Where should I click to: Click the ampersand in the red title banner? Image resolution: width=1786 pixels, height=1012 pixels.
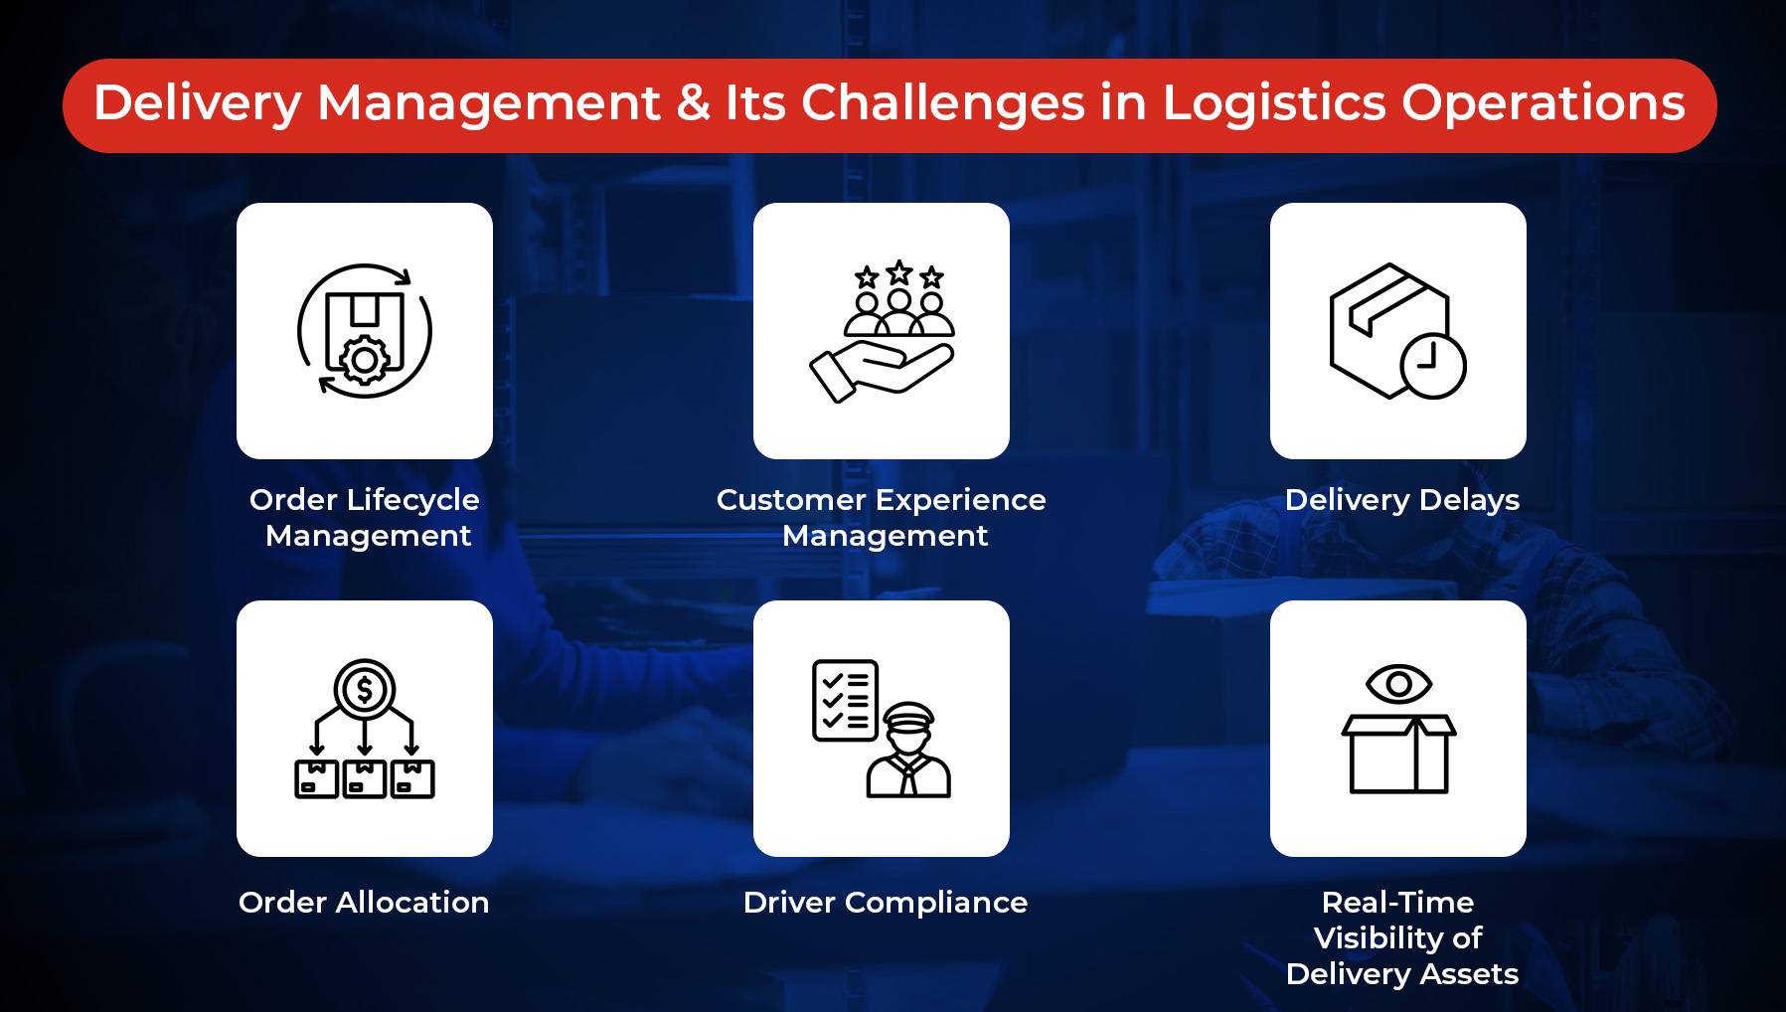pos(693,103)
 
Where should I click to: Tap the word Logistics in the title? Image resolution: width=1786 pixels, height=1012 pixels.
pos(1273,103)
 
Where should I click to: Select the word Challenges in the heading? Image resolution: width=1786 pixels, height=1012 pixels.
pos(942,103)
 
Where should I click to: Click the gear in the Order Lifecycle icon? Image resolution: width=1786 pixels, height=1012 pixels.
pos(365,360)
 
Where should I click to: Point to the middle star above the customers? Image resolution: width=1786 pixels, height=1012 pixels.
pos(899,272)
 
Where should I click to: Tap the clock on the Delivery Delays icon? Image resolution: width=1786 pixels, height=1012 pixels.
pos(1432,365)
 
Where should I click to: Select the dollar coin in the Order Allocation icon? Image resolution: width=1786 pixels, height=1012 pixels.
pos(365,689)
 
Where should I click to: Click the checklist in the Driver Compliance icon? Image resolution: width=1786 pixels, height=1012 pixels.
pos(845,700)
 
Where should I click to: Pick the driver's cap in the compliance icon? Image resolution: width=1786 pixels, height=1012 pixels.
pos(909,716)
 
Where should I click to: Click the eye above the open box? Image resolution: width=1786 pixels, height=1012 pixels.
pos(1398,684)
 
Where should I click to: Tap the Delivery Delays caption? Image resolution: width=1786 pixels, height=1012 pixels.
pos(1401,499)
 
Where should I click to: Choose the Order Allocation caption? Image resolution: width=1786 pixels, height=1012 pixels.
pos(364,902)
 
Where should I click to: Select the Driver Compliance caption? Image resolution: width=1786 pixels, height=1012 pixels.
pos(885,902)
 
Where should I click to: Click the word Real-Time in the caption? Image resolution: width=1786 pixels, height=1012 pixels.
pos(1397,902)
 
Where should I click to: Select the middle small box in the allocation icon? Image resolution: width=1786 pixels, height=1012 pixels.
pos(365,778)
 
